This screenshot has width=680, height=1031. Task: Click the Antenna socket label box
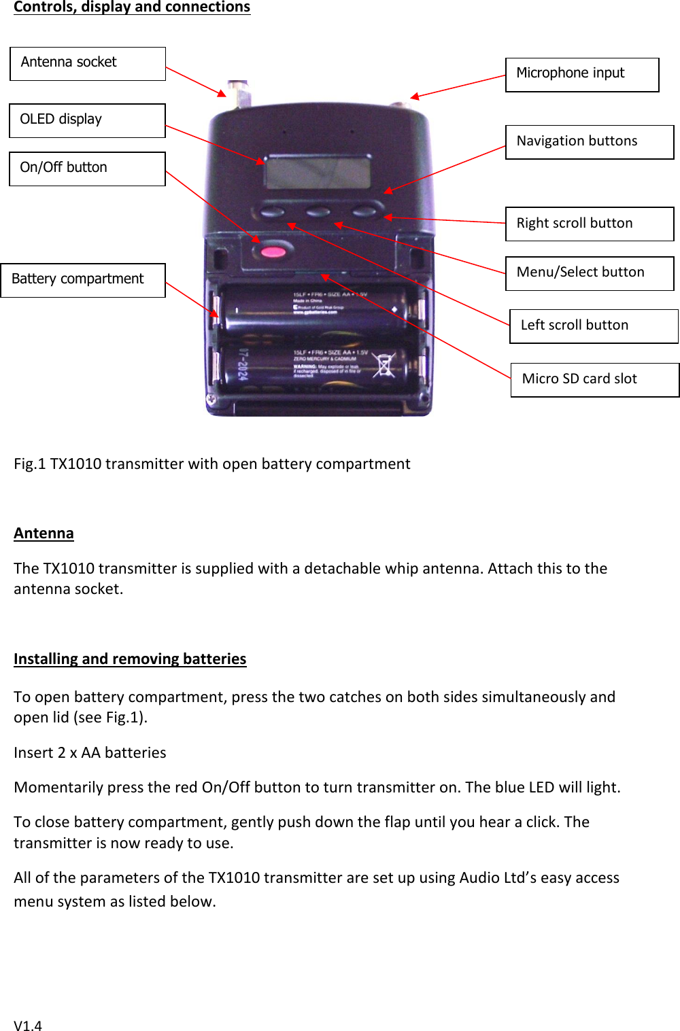click(88, 64)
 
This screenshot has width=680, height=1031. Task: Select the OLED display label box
click(88, 120)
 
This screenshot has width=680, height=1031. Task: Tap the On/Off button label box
click(88, 169)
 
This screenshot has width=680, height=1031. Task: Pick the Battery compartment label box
click(83, 280)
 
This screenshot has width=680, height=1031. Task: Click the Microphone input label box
click(582, 75)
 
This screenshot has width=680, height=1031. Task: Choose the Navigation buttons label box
click(590, 142)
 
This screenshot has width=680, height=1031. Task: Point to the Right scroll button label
click(590, 224)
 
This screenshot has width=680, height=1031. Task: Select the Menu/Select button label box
click(590, 273)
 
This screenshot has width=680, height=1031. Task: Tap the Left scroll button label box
click(594, 326)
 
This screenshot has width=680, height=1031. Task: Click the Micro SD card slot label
click(595, 380)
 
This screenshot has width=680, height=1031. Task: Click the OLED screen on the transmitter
click(318, 172)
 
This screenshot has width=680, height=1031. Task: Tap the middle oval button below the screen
click(318, 212)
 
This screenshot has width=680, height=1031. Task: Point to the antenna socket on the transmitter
click(239, 91)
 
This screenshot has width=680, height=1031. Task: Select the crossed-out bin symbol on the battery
click(384, 365)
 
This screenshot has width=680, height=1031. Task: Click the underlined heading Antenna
click(44, 534)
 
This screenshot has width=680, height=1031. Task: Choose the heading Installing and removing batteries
click(130, 659)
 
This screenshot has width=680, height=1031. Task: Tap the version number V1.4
click(28, 1025)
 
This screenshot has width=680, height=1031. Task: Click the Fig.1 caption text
click(211, 464)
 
